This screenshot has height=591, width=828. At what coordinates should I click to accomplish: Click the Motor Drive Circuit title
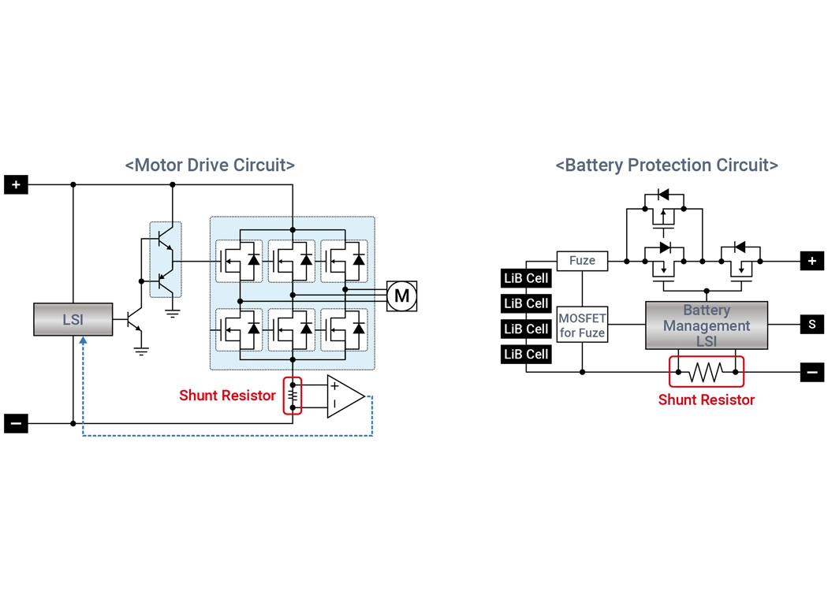(x=210, y=165)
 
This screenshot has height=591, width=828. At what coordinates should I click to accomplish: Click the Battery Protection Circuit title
(x=666, y=165)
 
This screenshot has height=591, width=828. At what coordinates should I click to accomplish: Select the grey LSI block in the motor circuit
(x=73, y=319)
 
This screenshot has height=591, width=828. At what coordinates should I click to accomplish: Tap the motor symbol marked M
(x=402, y=295)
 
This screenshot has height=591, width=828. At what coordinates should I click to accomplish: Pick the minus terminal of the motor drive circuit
(x=16, y=424)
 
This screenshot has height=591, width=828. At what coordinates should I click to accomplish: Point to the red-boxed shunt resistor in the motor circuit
(x=293, y=396)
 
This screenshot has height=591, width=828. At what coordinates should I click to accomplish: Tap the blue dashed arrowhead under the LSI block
(x=83, y=342)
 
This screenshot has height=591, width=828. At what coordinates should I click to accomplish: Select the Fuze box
(x=582, y=260)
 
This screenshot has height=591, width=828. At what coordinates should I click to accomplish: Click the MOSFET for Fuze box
(x=582, y=325)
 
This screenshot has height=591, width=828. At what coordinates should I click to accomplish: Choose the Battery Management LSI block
(x=706, y=325)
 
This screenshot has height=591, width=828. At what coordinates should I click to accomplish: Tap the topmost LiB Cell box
(x=526, y=278)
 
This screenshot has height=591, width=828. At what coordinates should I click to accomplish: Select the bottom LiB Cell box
(x=526, y=354)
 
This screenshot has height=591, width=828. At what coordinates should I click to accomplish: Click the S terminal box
(x=811, y=324)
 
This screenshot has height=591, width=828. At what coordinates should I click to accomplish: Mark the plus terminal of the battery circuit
(x=811, y=261)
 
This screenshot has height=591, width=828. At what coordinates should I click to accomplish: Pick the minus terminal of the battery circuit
(x=811, y=372)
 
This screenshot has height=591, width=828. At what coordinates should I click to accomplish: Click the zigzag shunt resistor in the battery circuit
(x=706, y=371)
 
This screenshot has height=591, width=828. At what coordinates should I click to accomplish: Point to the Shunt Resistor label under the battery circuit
(x=706, y=400)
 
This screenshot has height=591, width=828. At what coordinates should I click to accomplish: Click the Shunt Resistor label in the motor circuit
(x=227, y=396)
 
